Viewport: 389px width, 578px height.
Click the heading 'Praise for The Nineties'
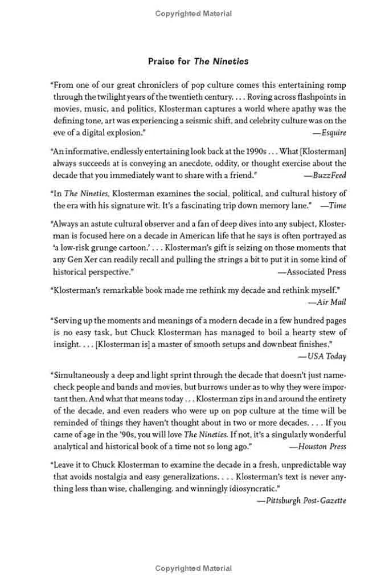[x=194, y=61]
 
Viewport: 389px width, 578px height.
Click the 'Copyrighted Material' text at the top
[x=194, y=14]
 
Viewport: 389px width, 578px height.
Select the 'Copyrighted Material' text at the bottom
[x=194, y=568]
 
